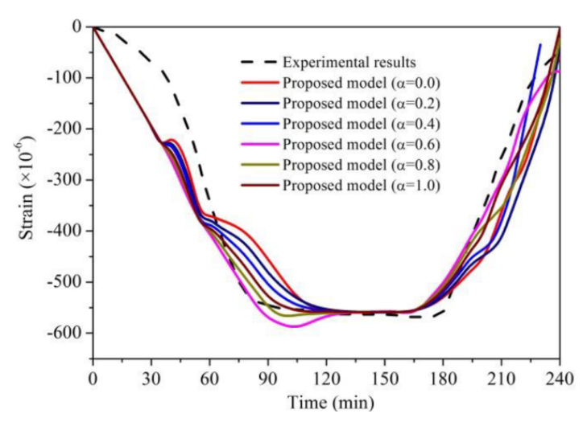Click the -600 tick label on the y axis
pos(65,334)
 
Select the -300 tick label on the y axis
pos(65,180)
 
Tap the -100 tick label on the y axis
pos(65,78)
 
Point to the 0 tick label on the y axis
pos(76,27)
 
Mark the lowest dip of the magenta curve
pos(294,326)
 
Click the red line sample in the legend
pos(258,82)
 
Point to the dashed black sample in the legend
pos(258,61)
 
